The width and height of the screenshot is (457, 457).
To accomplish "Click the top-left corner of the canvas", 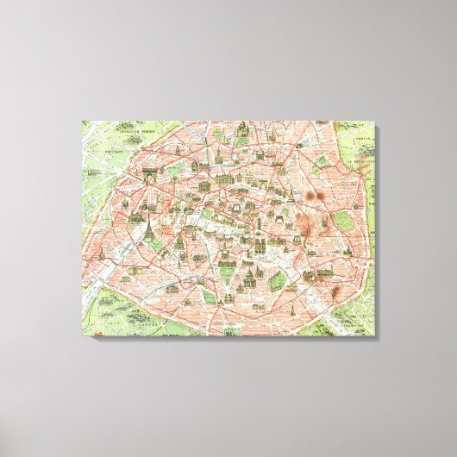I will (82, 120).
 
